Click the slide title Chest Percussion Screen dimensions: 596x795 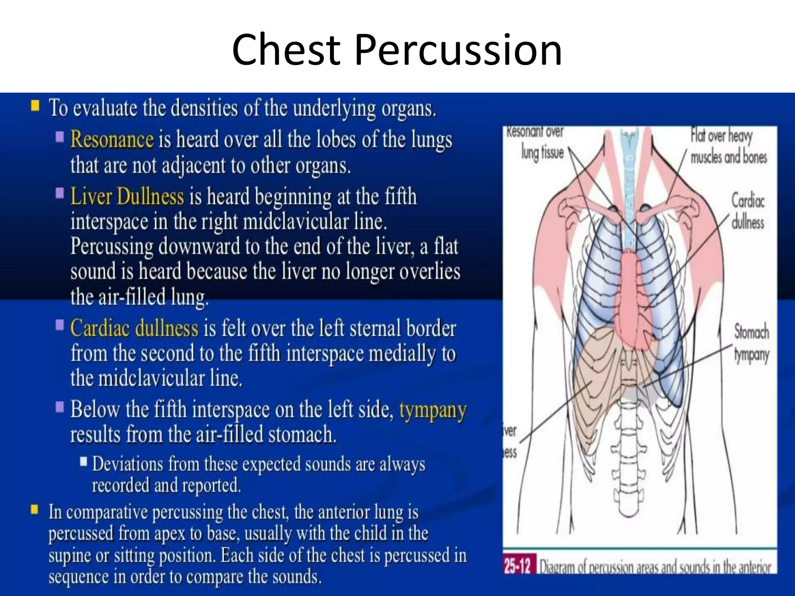[397, 50]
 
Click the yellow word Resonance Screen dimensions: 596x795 [112, 140]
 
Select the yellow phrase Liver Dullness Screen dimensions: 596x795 [127, 196]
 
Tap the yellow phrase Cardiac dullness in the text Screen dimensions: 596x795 [134, 328]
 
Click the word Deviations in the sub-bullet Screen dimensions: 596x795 [127, 464]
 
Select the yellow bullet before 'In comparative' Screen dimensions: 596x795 [35, 509]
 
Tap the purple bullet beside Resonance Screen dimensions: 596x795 [60, 137]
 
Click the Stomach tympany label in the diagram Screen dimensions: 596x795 [751, 343]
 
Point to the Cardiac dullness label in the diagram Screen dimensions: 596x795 [747, 212]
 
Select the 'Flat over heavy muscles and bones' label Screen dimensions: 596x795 [728, 147]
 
